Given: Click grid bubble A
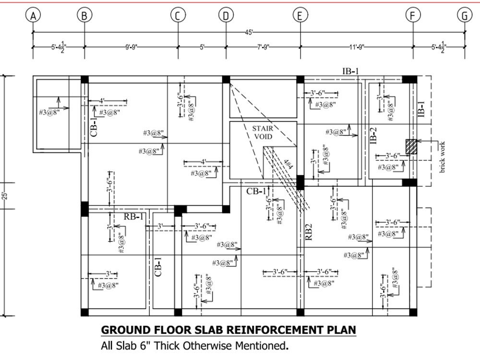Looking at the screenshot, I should point(33,15).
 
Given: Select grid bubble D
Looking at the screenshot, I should point(225,15).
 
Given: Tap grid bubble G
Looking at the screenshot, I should point(464,15).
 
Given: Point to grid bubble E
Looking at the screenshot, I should point(300,15).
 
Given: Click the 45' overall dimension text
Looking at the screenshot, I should point(249,32).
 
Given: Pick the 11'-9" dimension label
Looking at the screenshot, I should point(357,47).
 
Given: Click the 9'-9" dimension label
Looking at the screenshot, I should point(131,47).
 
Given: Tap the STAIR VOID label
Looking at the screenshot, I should point(263,132).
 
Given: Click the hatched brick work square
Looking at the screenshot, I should point(411,146).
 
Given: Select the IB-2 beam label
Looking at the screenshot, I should point(373,136).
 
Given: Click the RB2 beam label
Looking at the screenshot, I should point(309,232).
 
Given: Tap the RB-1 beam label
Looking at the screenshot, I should point(134,216).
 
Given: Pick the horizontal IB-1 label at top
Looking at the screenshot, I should point(350,72).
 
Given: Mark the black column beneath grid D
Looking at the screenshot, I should point(226,80).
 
